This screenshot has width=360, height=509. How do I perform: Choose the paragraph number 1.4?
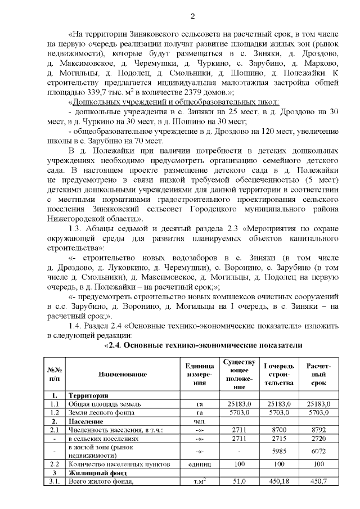75,327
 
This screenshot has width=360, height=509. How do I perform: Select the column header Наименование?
123,374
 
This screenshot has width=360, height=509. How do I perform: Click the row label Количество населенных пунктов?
116,464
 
